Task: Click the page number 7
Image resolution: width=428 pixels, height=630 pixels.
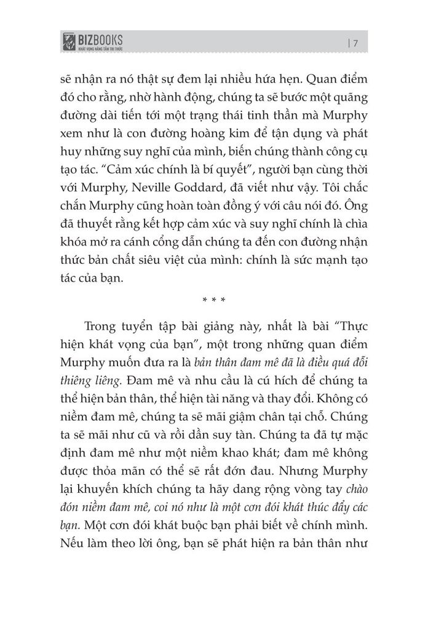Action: point(355,42)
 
